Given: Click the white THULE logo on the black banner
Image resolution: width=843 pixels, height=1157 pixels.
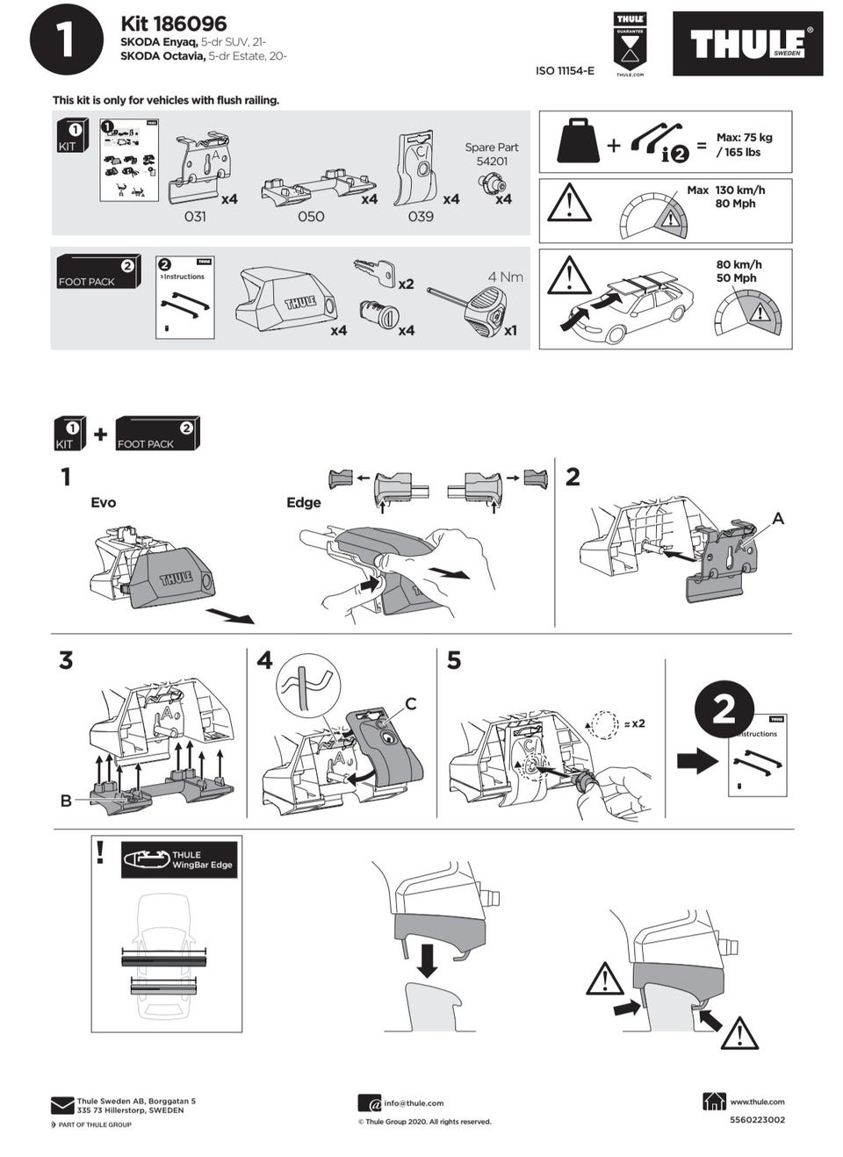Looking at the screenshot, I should click(746, 44).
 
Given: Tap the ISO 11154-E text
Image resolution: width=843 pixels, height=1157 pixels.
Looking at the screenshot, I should click(565, 71).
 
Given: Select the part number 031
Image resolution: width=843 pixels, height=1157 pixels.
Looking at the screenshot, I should click(195, 216).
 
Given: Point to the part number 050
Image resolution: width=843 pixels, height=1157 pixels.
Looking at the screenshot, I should click(311, 216).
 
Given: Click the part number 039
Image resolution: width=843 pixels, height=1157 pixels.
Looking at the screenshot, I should click(421, 216).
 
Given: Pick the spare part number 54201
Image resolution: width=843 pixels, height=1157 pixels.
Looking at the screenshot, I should click(492, 162).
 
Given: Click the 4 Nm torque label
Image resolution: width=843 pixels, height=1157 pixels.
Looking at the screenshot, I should click(505, 277).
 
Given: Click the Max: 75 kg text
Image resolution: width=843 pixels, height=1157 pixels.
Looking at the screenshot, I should click(744, 138).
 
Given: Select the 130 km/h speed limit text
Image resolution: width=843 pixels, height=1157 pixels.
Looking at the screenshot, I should click(739, 190).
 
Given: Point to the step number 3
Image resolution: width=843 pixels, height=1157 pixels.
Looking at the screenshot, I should click(66, 660).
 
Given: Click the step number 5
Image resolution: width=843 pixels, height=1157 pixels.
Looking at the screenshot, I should click(453, 660).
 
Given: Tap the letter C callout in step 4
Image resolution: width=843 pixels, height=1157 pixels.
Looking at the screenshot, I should click(410, 704).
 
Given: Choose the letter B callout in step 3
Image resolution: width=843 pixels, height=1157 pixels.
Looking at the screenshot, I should click(66, 801).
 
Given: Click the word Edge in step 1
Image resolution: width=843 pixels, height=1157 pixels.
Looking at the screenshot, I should click(303, 502).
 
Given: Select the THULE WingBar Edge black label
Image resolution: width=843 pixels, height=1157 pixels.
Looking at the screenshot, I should click(179, 859).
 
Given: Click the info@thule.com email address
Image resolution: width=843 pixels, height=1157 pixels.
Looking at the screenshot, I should click(414, 1103).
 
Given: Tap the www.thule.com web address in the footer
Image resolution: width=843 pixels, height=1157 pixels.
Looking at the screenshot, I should click(757, 1102).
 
